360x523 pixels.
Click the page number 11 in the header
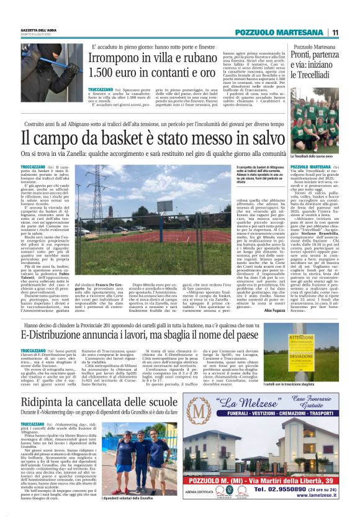(x=335, y=32)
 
